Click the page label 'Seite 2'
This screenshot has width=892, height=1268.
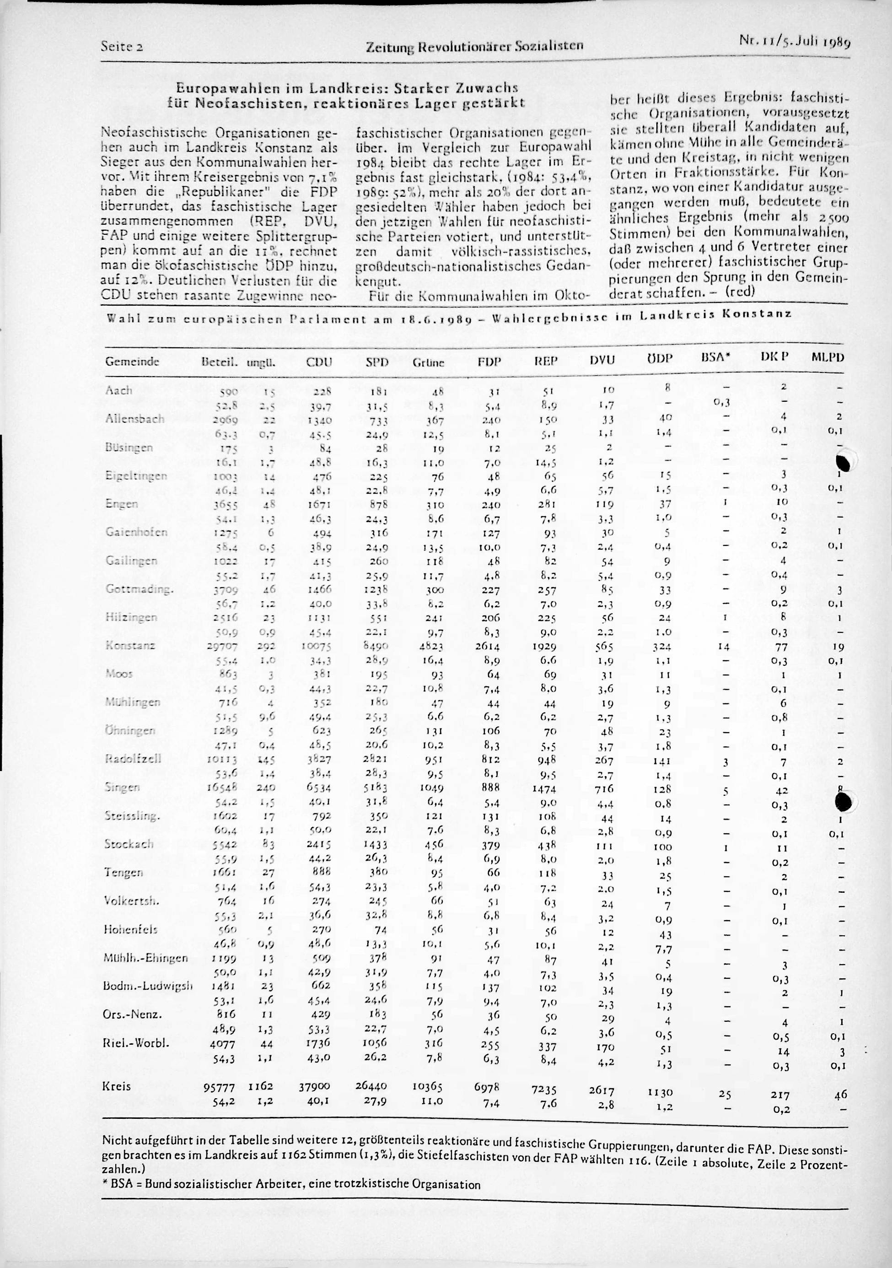(x=123, y=46)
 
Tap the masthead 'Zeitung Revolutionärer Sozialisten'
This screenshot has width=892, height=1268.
(x=475, y=46)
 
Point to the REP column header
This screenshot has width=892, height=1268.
(x=547, y=360)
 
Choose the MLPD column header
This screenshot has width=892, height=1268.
(x=828, y=357)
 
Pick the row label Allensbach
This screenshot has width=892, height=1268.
(x=134, y=419)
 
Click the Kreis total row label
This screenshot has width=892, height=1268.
(x=117, y=1086)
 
